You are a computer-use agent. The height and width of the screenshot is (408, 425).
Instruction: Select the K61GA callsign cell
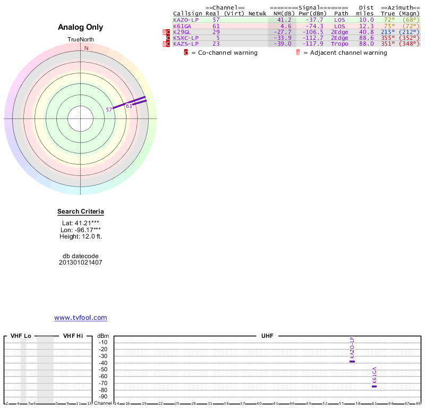pos(182,26)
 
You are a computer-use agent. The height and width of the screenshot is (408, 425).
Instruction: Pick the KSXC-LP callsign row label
pos(185,38)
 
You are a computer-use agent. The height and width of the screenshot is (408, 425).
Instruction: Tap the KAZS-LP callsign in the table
pos(185,44)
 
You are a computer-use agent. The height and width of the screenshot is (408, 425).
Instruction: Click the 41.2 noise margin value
pos(284,20)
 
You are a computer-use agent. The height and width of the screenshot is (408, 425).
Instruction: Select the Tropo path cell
pos(339,44)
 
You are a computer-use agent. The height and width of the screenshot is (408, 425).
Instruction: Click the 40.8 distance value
pos(367,32)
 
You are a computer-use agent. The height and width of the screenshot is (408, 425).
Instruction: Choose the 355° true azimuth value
pos(388,38)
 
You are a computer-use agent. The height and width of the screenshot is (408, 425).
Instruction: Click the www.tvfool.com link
pos(81,318)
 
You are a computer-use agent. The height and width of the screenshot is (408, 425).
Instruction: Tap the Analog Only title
pos(81,27)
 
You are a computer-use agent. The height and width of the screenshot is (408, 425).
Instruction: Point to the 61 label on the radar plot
pos(129,106)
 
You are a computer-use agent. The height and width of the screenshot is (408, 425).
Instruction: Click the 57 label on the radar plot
pos(109,109)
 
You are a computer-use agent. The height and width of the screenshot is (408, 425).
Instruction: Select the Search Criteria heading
pos(81,211)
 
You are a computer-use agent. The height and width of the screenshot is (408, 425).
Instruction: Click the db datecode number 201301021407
pos(81,262)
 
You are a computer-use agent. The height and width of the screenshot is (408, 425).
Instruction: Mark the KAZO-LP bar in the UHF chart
pos(352,361)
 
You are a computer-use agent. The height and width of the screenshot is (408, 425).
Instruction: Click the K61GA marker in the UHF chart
pos(374,386)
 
